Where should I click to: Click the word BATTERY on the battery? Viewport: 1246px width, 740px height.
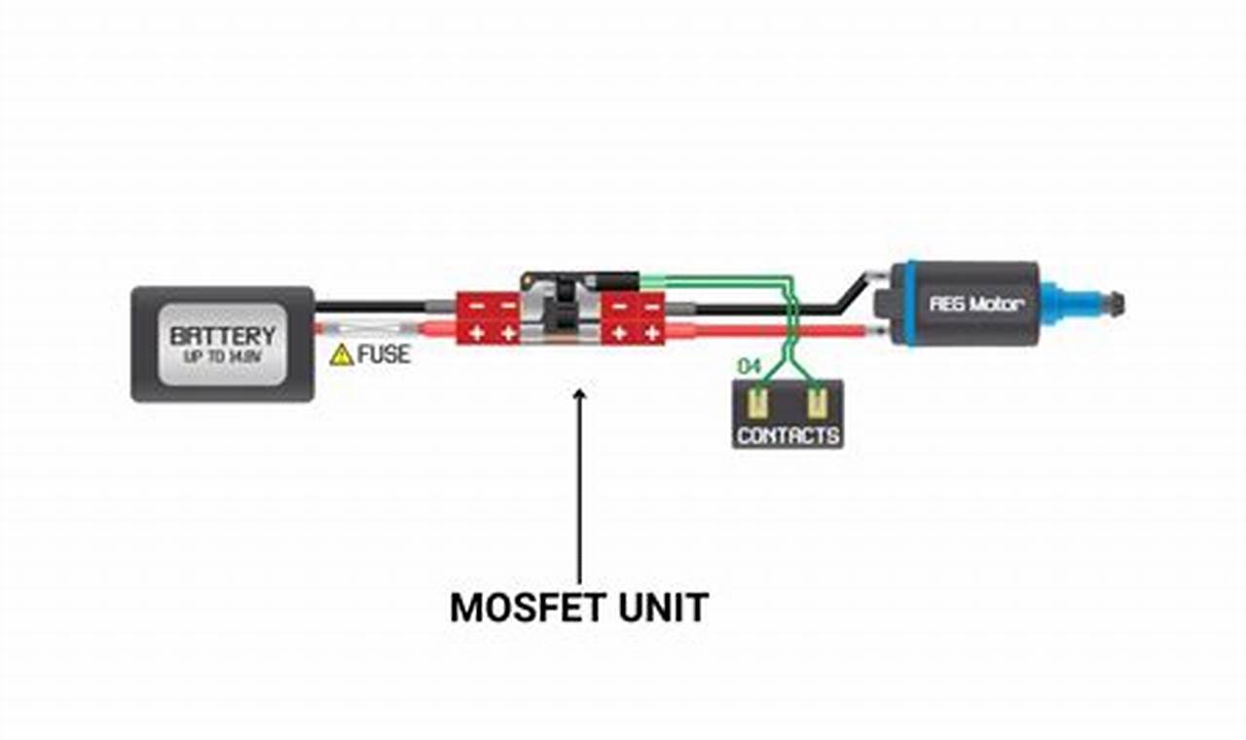click(x=223, y=336)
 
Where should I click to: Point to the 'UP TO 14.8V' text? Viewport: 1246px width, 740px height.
click(x=223, y=357)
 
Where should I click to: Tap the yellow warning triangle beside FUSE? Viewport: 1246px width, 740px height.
click(x=342, y=355)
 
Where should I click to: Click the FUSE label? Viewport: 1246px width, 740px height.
click(x=384, y=354)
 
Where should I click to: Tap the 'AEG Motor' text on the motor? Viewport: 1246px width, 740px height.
click(x=976, y=304)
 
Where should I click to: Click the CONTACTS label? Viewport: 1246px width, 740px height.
click(x=788, y=435)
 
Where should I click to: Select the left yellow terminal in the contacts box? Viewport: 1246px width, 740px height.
click(x=758, y=401)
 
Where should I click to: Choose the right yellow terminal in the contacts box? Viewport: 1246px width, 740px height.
click(x=817, y=401)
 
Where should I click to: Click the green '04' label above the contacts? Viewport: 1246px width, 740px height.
click(x=750, y=367)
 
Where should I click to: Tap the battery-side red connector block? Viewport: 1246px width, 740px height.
click(x=490, y=318)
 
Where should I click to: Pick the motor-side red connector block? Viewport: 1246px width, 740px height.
click(x=633, y=319)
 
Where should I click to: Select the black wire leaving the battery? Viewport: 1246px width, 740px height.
click(x=370, y=307)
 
